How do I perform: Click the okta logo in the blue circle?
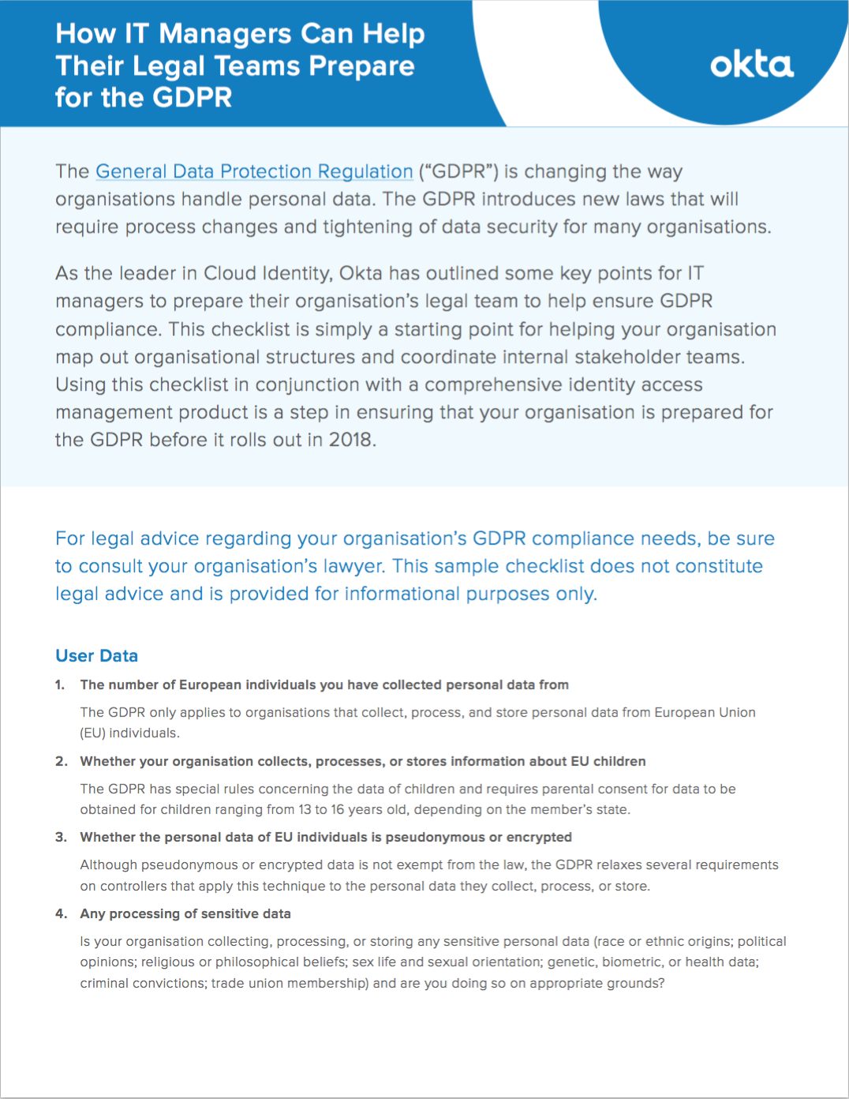pos(751,65)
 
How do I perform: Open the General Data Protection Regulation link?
pos(254,171)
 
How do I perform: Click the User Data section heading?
pos(96,655)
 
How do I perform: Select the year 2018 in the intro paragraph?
pos(350,440)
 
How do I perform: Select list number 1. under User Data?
pos(60,685)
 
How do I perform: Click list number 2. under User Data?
pos(61,761)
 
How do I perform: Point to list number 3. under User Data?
pos(61,837)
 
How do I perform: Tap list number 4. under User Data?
pos(61,913)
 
